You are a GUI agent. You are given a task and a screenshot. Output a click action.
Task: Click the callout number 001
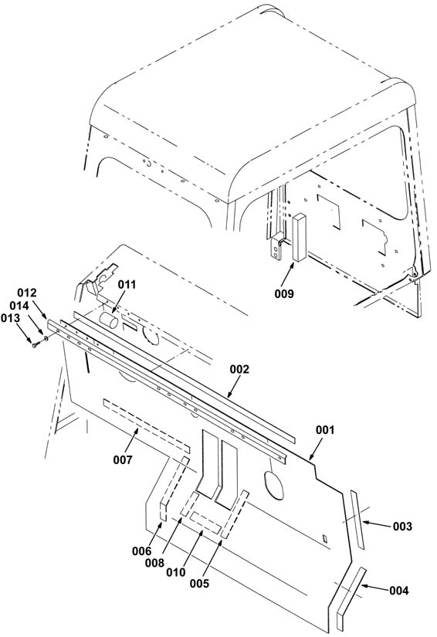[325, 430]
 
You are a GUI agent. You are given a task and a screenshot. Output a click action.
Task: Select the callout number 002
[239, 369]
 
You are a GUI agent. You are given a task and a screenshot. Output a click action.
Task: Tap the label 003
[402, 527]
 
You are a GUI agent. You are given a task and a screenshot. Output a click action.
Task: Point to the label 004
[399, 590]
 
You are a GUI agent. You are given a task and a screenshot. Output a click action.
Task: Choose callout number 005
[199, 584]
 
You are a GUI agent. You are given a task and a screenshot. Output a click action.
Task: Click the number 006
[141, 551]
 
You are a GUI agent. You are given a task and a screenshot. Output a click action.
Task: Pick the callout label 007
[122, 460]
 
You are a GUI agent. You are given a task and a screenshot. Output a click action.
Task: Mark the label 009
[284, 293]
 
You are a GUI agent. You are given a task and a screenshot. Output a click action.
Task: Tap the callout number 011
[127, 285]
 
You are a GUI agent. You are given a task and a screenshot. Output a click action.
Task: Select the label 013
[10, 318]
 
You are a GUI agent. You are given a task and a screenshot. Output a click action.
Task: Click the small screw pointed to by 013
[36, 345]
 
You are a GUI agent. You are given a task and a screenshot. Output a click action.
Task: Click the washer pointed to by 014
[46, 338]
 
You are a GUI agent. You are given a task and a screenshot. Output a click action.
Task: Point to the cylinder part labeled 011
[108, 321]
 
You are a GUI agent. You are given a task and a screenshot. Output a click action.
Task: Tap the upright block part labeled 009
[300, 238]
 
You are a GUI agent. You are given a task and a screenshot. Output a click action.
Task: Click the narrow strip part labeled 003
[357, 520]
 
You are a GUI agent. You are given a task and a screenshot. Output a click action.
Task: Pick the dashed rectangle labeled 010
[205, 523]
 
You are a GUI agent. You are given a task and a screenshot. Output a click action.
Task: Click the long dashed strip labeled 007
[146, 426]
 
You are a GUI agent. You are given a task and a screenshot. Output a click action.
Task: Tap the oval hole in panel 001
[274, 485]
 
